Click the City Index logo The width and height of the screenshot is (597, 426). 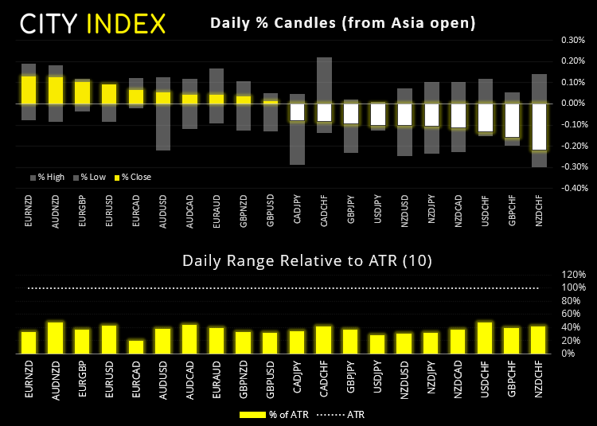pyautogui.click(x=92, y=23)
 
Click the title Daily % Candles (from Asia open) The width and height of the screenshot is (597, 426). pyautogui.click(x=343, y=23)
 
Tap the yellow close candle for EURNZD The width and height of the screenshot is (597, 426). pyautogui.click(x=29, y=88)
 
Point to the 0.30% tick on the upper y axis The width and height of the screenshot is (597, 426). pyautogui.click(x=573, y=39)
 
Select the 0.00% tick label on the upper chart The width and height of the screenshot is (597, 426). pyautogui.click(x=573, y=104)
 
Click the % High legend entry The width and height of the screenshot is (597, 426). pyautogui.click(x=49, y=177)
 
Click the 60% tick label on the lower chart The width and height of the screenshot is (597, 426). pyautogui.click(x=576, y=314)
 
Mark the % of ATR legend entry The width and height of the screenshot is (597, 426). pyautogui.click(x=267, y=414)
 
